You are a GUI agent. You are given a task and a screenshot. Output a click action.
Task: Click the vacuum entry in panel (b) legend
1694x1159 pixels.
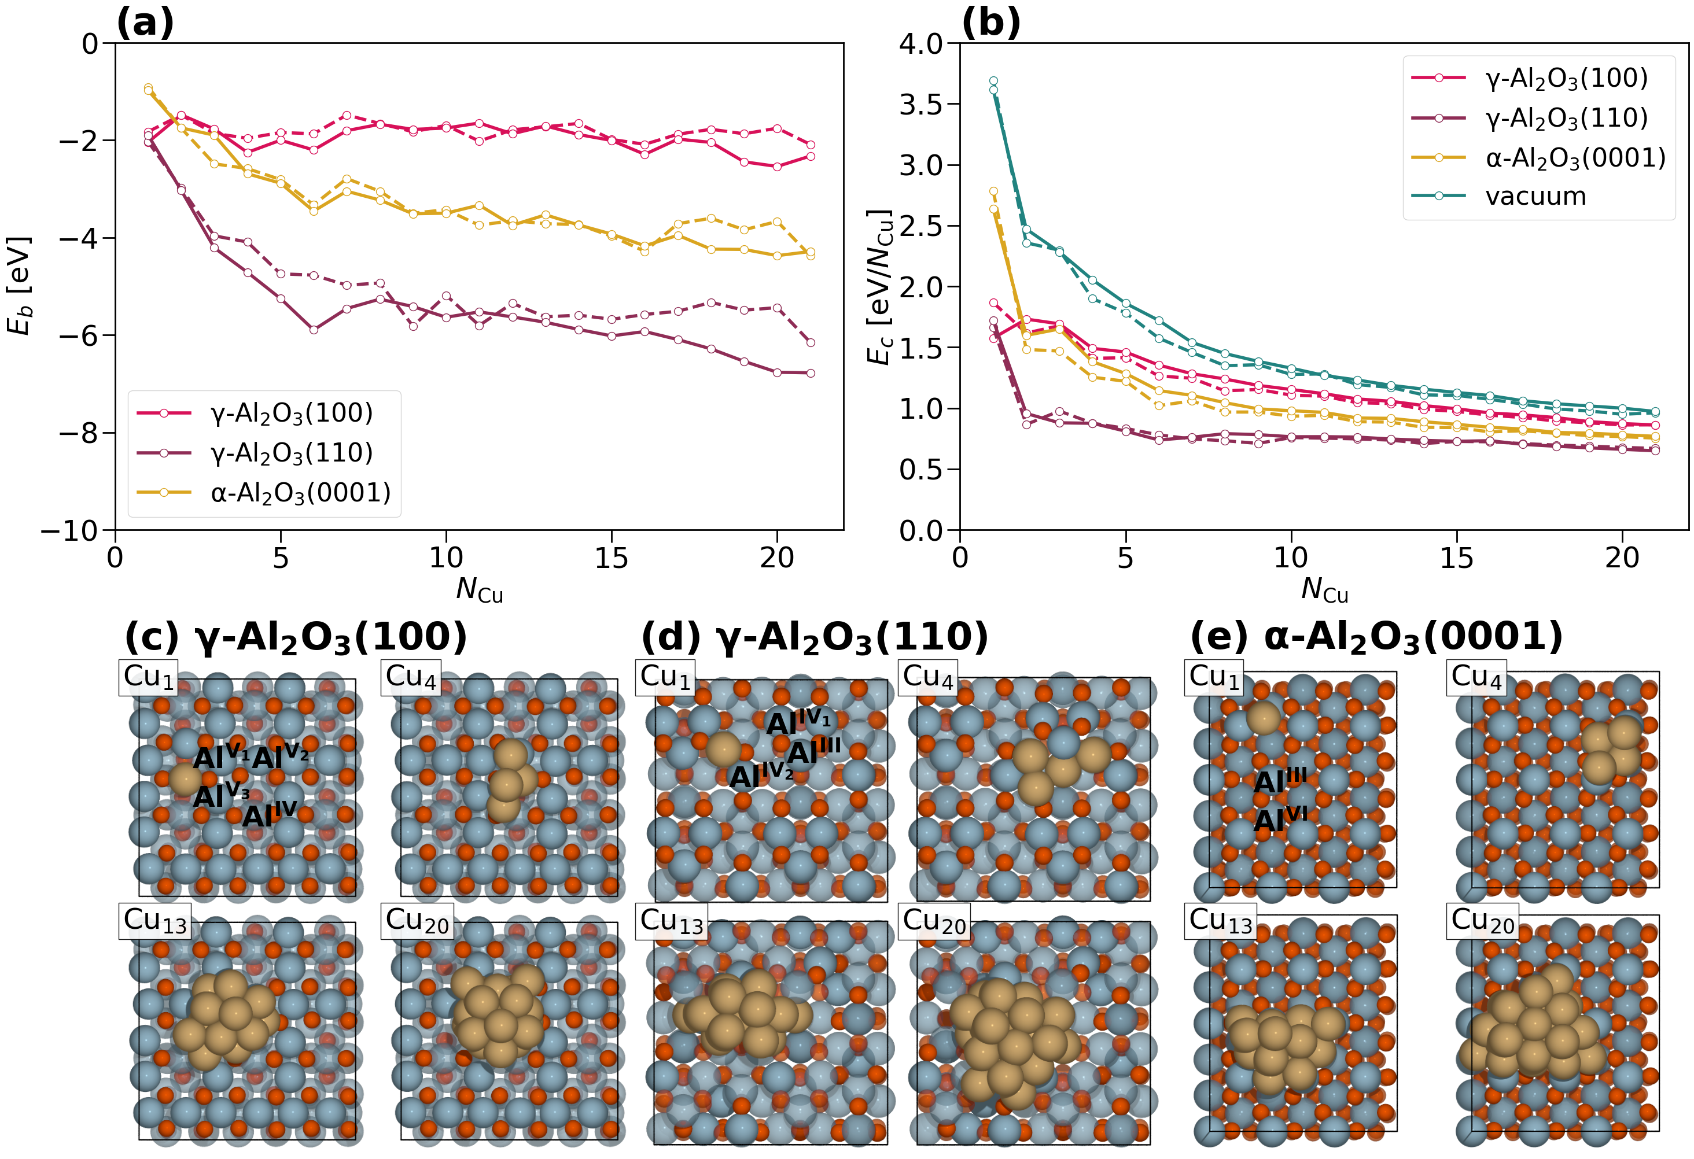pos(1535,197)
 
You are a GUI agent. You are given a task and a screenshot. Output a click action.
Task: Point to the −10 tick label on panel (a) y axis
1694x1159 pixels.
pos(69,530)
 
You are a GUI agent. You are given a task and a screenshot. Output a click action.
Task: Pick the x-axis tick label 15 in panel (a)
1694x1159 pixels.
pos(611,559)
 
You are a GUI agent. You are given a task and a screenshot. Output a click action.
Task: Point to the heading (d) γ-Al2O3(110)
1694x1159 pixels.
pos(814,637)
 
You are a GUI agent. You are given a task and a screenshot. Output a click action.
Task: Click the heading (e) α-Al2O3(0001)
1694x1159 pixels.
pos(1376,637)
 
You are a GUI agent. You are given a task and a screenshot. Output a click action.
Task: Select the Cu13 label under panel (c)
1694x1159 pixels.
pos(155,921)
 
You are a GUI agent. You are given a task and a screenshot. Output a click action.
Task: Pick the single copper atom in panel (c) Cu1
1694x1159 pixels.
pos(185,780)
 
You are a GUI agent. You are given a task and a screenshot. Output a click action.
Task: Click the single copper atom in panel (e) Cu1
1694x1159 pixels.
pos(1262,718)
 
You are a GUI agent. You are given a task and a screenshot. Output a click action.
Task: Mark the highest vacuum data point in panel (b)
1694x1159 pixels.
pos(993,81)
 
